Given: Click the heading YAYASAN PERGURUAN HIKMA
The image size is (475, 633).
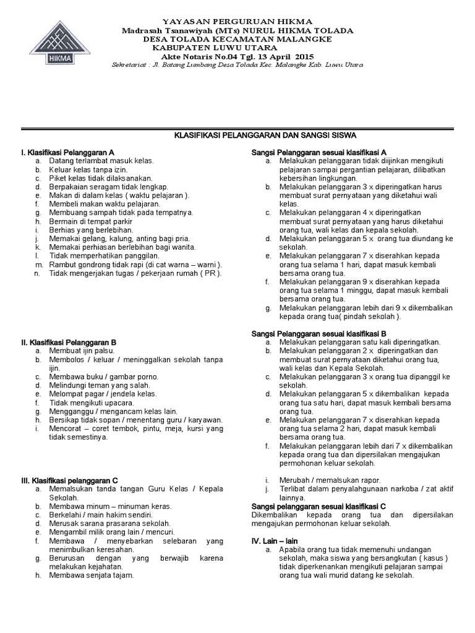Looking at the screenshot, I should click(x=237, y=22).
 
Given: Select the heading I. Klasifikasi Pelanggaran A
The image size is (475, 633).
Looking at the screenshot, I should click(x=68, y=151).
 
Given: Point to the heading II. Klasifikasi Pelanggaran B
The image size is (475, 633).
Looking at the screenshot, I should click(x=69, y=341).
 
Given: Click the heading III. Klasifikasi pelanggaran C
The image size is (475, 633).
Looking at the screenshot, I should click(x=69, y=480).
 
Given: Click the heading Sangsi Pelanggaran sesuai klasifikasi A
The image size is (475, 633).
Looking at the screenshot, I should click(x=319, y=151).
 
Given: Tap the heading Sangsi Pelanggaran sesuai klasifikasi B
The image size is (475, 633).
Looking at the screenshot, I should click(x=319, y=333).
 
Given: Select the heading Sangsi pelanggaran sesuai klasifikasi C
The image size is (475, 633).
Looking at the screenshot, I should click(x=319, y=506).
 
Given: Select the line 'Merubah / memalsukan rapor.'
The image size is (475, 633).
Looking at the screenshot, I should click(x=328, y=480).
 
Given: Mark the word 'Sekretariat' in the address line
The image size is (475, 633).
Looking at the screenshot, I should click(x=127, y=65).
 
